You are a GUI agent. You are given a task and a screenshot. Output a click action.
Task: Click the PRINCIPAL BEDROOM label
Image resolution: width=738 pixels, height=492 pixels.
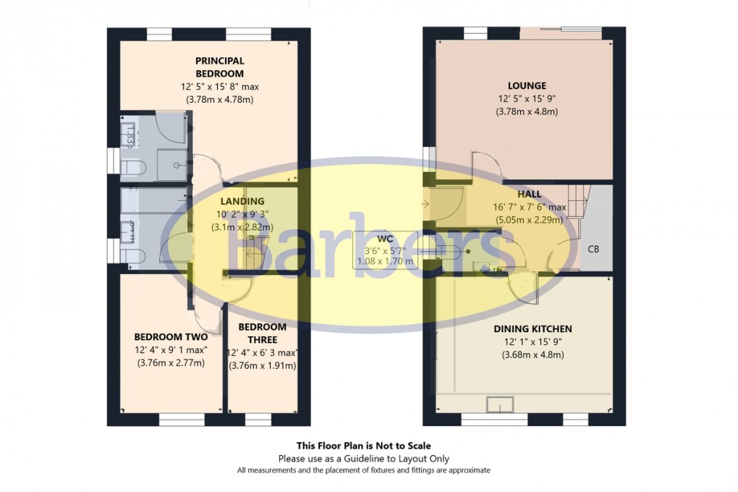(x=219, y=67)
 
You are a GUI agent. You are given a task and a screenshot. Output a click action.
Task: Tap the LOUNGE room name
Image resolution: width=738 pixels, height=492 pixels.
(x=526, y=85)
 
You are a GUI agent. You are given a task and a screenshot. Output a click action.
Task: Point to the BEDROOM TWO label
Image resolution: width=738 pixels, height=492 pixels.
(x=171, y=336)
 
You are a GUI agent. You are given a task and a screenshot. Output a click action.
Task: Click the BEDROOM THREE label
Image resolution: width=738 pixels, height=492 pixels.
(x=262, y=333)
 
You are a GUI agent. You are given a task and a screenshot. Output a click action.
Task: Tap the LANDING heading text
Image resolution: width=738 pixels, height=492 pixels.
(x=242, y=201)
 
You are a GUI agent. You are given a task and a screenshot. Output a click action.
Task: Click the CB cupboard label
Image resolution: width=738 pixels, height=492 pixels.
(x=593, y=249)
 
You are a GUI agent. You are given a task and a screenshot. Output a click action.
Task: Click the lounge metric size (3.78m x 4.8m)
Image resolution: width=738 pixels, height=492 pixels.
(x=526, y=111)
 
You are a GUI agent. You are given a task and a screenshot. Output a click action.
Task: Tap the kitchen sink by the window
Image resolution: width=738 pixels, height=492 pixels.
(x=499, y=404)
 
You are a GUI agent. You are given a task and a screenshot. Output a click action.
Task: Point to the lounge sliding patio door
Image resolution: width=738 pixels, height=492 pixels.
(x=561, y=33)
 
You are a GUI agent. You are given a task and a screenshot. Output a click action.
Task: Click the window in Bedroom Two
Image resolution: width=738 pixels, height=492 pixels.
(x=177, y=419)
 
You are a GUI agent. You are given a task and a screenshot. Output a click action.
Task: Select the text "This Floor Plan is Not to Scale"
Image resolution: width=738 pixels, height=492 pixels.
(x=363, y=446)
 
